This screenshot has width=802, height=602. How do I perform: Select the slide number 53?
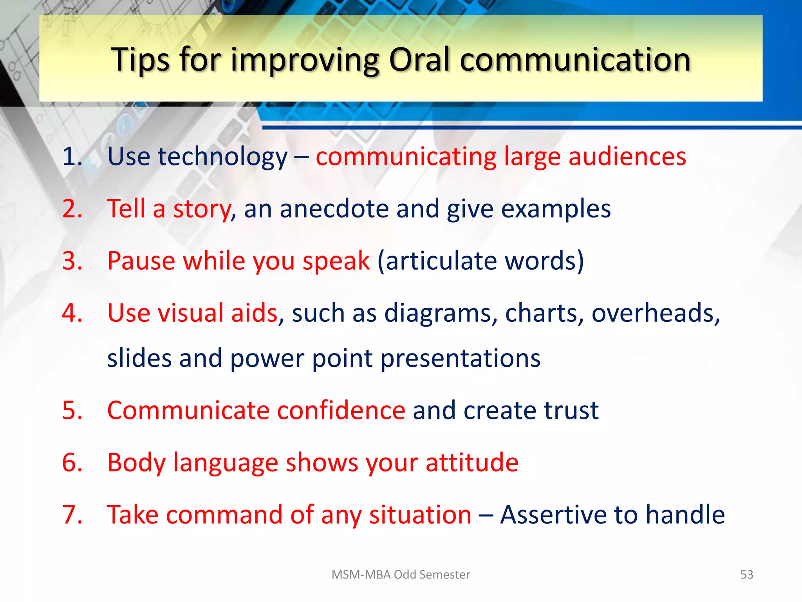(x=746, y=575)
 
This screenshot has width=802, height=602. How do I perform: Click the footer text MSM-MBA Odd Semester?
(x=401, y=575)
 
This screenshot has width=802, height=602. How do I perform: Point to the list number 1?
(x=72, y=157)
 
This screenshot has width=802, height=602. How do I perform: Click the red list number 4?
(x=72, y=313)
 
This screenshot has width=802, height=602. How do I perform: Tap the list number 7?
(x=72, y=515)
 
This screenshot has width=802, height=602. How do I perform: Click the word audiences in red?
(x=627, y=157)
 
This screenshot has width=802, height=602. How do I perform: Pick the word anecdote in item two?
(x=334, y=209)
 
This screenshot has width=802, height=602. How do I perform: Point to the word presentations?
(x=460, y=359)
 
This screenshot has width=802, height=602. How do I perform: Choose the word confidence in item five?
(x=341, y=410)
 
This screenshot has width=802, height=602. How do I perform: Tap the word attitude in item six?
(x=472, y=462)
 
